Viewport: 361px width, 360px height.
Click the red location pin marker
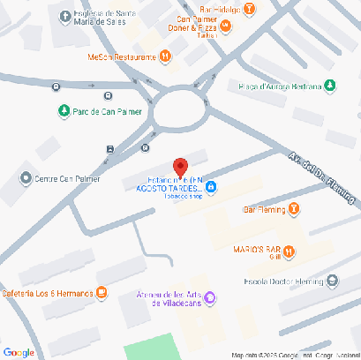tap(180, 168)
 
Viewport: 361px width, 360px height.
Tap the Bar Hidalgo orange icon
tap(251, 10)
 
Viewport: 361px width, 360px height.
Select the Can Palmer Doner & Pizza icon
tap(226, 26)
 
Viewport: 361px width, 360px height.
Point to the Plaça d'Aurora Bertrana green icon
tap(330, 86)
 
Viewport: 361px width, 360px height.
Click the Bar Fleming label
tap(264, 209)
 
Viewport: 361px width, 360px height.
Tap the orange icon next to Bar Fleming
tap(295, 209)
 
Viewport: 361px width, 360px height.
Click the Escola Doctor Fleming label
tap(282, 282)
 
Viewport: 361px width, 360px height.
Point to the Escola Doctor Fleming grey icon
tap(332, 282)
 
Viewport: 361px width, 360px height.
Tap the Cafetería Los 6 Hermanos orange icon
tap(102, 292)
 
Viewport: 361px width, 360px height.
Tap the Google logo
tap(19, 352)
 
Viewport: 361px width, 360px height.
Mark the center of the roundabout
tap(180, 111)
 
